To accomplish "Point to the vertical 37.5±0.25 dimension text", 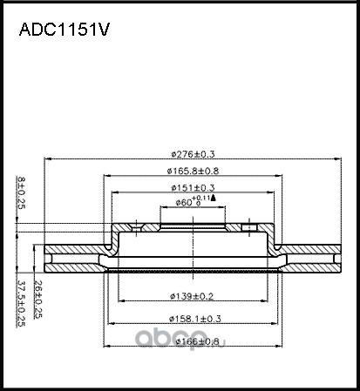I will click(22, 303).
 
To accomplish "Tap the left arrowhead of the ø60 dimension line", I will click(162, 207).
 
